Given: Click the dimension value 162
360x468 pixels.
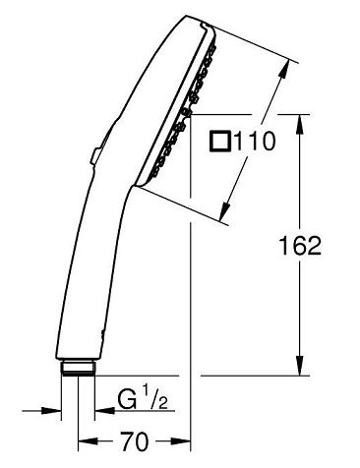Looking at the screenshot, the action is [300, 246].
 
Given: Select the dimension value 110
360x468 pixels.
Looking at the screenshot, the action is [255, 142].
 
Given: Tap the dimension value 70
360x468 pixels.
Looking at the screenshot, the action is [134, 441].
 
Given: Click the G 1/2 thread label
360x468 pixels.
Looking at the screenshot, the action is [144, 400].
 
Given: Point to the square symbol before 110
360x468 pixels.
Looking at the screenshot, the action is [220, 142].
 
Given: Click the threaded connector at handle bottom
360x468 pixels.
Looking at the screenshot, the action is [78, 368].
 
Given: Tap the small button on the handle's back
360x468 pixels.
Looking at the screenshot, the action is [96, 154].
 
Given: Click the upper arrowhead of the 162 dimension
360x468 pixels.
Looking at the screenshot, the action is [300, 124].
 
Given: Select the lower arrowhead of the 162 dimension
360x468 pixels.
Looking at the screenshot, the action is [300, 366].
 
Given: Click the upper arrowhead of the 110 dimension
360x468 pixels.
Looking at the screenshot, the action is [284, 69].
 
